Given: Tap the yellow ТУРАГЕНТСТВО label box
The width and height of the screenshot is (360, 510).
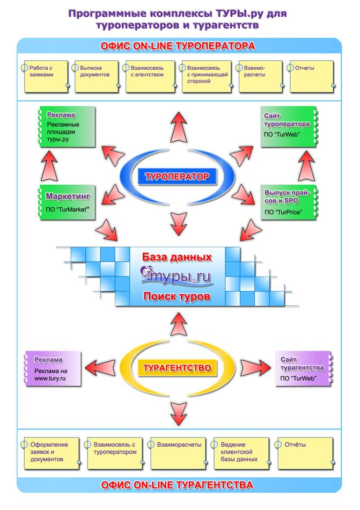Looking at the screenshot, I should (177, 368).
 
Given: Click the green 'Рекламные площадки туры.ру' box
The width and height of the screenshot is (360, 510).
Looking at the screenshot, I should (67, 127).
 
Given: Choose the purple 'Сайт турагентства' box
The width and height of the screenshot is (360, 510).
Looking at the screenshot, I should (303, 369).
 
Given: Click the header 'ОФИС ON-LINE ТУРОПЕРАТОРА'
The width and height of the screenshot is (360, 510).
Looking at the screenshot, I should (178, 46).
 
